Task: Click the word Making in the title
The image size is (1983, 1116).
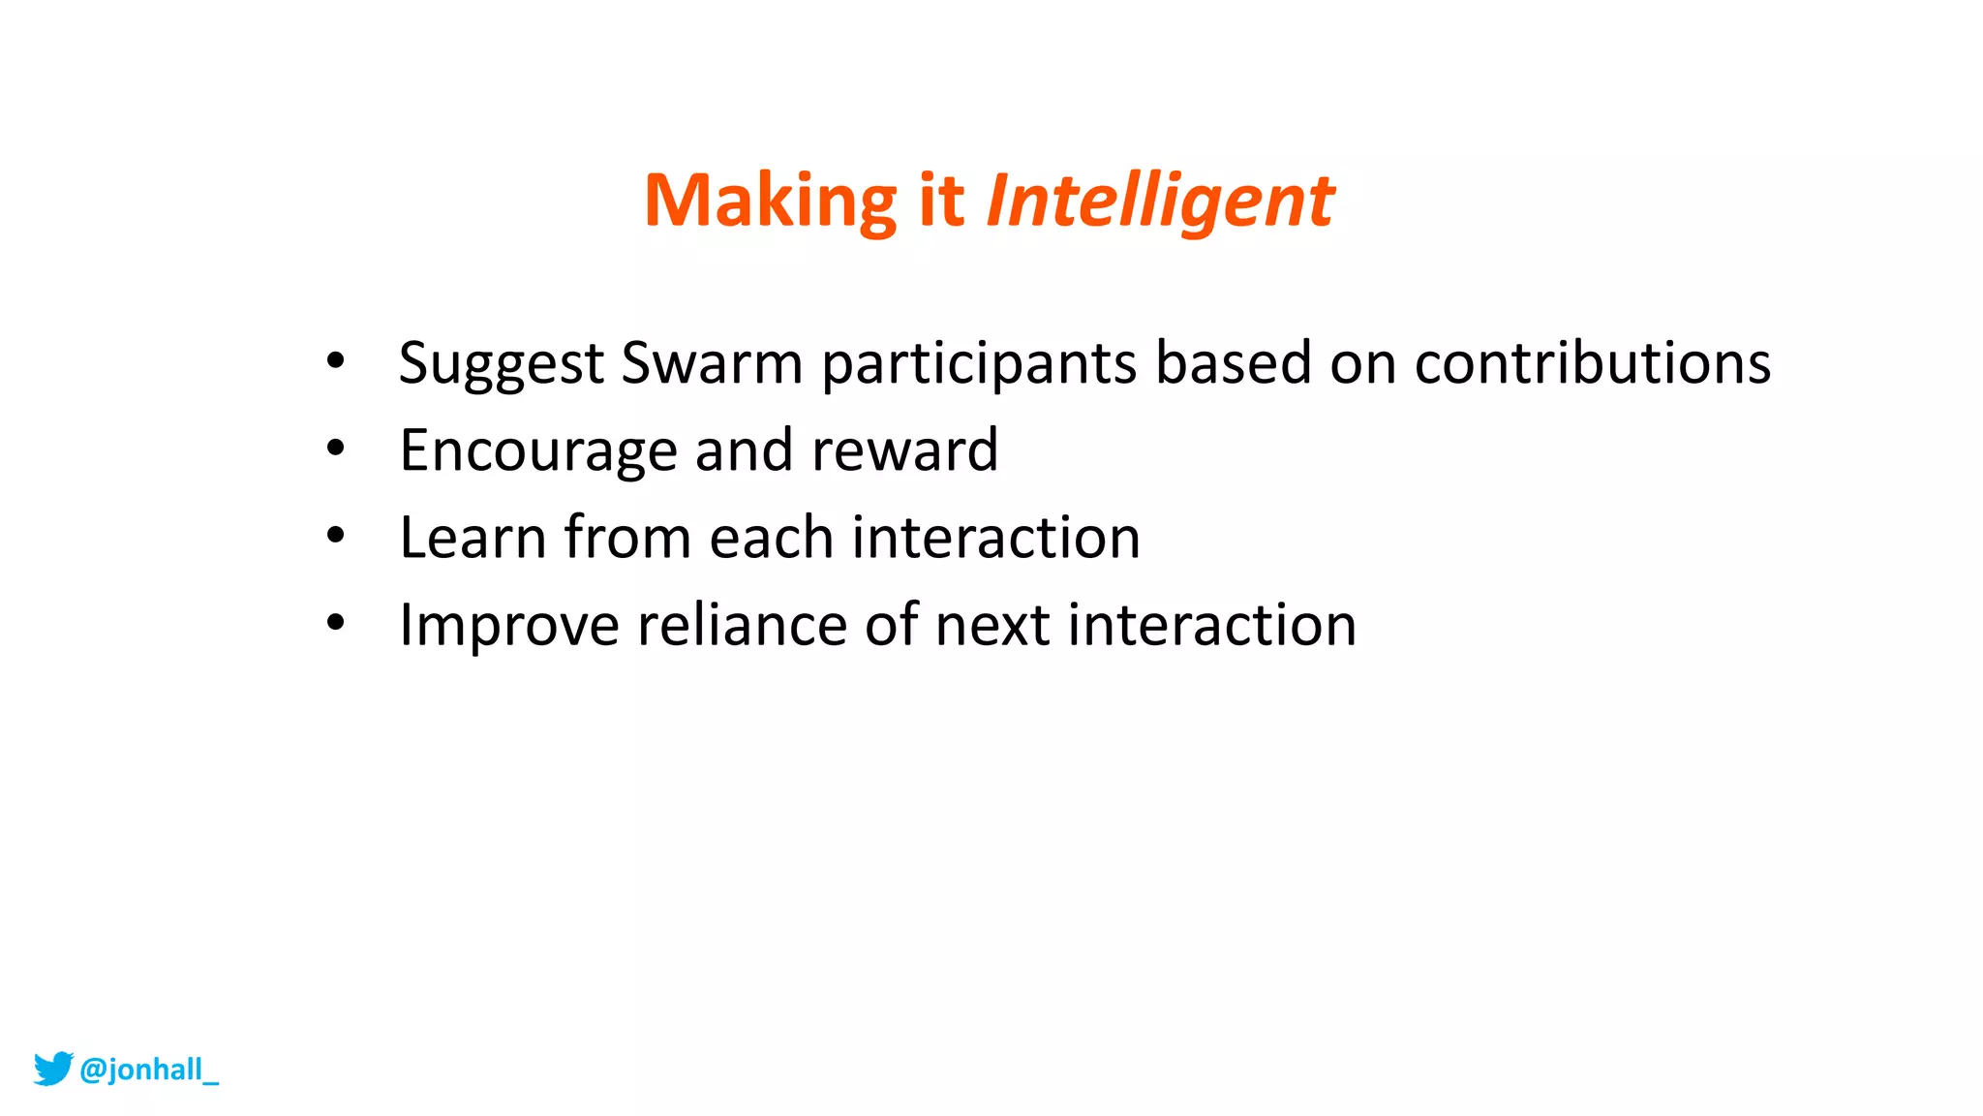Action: coord(771,201)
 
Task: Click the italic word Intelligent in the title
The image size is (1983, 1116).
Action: coord(1159,201)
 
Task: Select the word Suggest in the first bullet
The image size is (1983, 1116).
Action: coord(501,364)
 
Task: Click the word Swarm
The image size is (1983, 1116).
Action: coord(712,362)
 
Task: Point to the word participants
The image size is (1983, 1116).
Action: coord(979,364)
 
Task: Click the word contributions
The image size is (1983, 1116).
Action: coord(1592,362)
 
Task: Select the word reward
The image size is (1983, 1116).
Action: coord(904,450)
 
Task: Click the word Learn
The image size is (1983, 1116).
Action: coord(473,538)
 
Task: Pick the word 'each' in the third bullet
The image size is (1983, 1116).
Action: coord(771,538)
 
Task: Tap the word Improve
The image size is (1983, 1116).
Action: coord(508,626)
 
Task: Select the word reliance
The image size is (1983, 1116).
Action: coord(742,625)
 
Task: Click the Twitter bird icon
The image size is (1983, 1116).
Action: coord(53,1069)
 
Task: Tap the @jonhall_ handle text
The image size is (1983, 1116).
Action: coord(149,1069)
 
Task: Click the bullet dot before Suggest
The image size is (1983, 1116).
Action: coord(335,361)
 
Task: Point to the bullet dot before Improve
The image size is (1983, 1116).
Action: coord(335,623)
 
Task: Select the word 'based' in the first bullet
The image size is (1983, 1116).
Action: coord(1233,362)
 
